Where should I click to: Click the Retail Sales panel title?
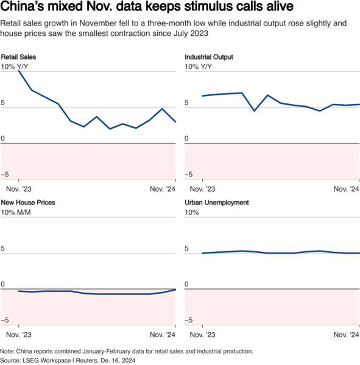pyautogui.click(x=19, y=57)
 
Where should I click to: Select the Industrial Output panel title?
pyautogui.click(x=209, y=57)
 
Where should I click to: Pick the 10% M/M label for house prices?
pyautogui.click(x=17, y=212)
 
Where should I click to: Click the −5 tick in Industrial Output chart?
pyautogui.click(x=190, y=175)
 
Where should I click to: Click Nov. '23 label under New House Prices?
pyautogui.click(x=19, y=335)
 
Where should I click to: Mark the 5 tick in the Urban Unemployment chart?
pyautogui.click(x=187, y=249)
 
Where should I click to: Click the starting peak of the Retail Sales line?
pyautogui.click(x=19, y=71)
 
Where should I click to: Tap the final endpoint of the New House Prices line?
pyautogui.click(x=175, y=289)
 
